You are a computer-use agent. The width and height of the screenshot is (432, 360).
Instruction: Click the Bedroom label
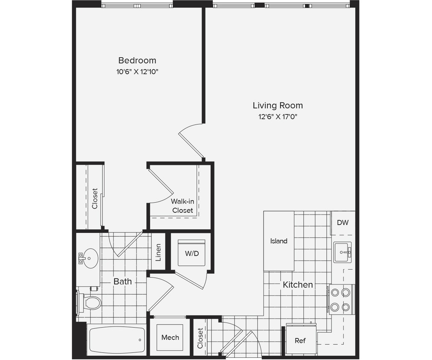(x=137, y=61)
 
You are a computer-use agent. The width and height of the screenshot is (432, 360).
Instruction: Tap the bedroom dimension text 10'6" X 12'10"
(x=137, y=72)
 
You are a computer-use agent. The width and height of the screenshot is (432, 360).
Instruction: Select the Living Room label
(x=278, y=105)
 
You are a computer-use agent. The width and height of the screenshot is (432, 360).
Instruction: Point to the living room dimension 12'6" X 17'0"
(x=278, y=117)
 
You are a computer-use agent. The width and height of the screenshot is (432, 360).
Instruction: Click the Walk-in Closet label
(x=183, y=206)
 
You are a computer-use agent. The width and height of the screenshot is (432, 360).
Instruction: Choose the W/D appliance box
(x=191, y=253)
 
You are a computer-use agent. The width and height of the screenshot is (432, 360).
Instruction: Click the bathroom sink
(x=90, y=258)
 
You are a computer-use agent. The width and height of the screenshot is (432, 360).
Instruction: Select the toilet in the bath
(x=91, y=303)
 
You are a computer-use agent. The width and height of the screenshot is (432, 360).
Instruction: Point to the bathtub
(x=116, y=340)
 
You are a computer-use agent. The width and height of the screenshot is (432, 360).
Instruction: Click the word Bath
(x=122, y=282)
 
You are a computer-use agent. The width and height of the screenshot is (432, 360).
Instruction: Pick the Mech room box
(x=170, y=337)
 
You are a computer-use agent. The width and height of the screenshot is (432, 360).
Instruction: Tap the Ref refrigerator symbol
(x=301, y=340)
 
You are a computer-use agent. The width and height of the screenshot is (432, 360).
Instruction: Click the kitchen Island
(x=278, y=241)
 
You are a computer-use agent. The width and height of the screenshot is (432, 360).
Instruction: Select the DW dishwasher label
(x=342, y=223)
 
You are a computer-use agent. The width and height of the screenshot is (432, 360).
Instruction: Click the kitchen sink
(x=342, y=252)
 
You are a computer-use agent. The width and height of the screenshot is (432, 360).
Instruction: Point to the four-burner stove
(x=341, y=299)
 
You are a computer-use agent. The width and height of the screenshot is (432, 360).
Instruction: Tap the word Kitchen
(x=298, y=285)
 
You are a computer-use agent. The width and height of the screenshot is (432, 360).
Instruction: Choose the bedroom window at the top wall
(x=137, y=5)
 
